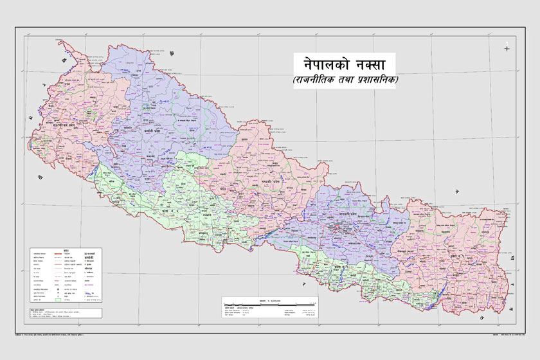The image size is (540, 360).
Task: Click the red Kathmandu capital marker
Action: tap(334, 226)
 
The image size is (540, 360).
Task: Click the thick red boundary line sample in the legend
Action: tap(66, 254)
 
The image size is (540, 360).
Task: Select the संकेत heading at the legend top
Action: tap(66, 248)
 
